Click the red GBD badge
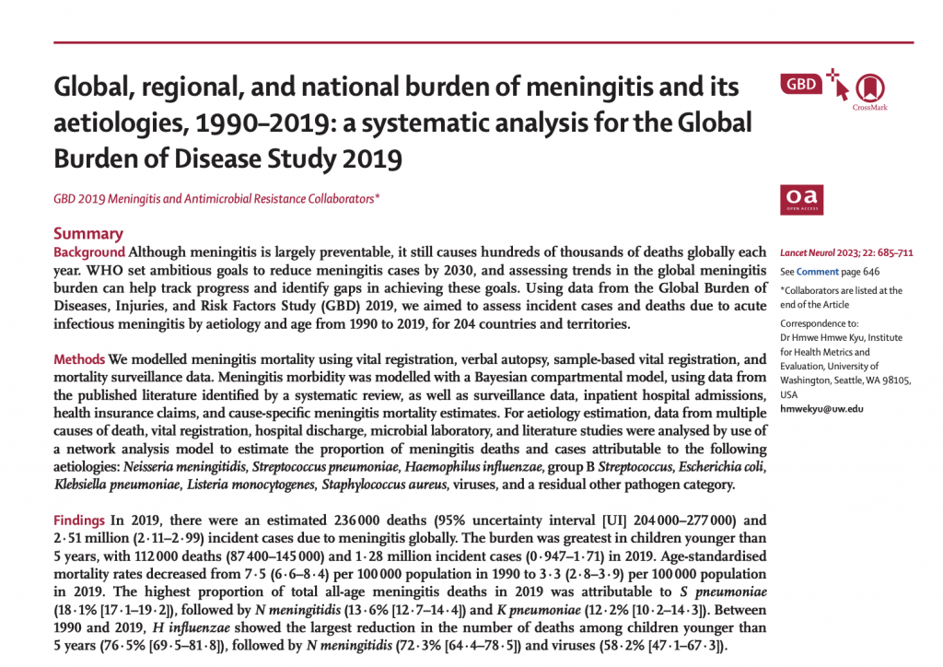801,85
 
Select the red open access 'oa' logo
801,198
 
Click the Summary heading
88,234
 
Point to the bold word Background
89,252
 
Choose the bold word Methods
79,358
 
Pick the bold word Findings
80,518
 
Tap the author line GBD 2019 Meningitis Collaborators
217,198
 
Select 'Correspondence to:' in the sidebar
819,324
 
